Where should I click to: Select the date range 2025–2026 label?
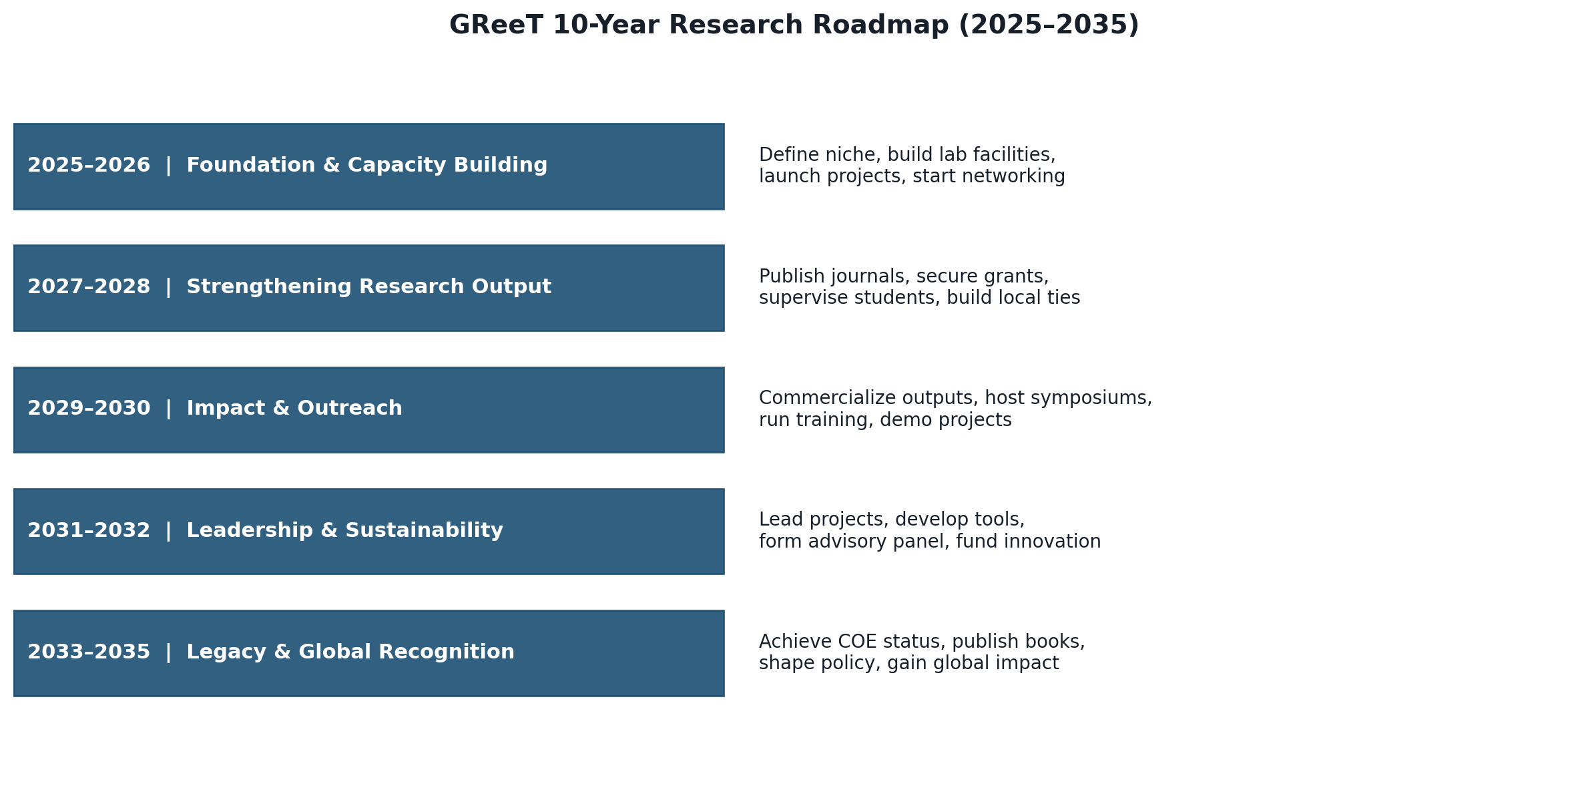coord(89,166)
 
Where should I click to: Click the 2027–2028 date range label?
coord(89,287)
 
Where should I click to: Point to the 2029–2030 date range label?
coord(89,409)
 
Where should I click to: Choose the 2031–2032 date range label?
coord(89,531)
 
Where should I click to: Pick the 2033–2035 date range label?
coord(89,652)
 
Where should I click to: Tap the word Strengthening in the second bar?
coord(269,288)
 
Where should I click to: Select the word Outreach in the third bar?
coord(350,409)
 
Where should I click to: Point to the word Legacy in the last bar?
coord(226,653)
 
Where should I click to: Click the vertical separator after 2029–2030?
coord(168,409)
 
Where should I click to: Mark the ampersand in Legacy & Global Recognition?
coord(282,652)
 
